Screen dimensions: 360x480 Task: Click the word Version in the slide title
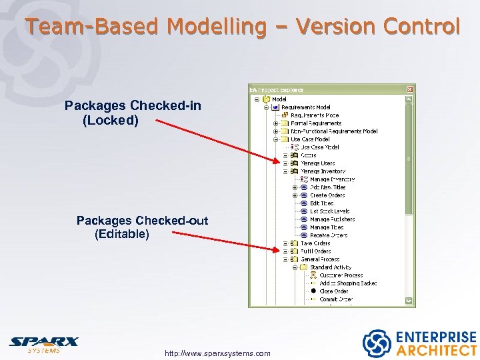point(338,27)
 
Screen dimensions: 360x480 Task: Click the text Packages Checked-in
point(133,106)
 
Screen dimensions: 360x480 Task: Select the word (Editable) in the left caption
point(122,234)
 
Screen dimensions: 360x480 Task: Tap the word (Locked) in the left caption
point(111,121)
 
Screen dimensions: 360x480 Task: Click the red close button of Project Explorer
point(410,89)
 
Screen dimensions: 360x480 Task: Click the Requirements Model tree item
point(305,107)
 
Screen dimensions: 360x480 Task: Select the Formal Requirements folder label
point(316,123)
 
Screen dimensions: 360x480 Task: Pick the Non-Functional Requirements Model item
point(334,131)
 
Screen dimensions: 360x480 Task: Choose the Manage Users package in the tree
point(317,163)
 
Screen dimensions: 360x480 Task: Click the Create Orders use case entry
point(327,195)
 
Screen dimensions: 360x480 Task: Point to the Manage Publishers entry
point(332,219)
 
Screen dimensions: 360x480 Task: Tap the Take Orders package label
point(315,243)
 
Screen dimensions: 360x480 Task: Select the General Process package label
point(320,259)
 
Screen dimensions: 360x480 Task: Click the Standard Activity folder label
point(331,267)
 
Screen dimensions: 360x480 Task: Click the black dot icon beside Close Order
point(313,291)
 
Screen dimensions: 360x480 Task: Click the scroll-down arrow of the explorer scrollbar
point(410,301)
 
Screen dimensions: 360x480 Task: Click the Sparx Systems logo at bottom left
point(43,344)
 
